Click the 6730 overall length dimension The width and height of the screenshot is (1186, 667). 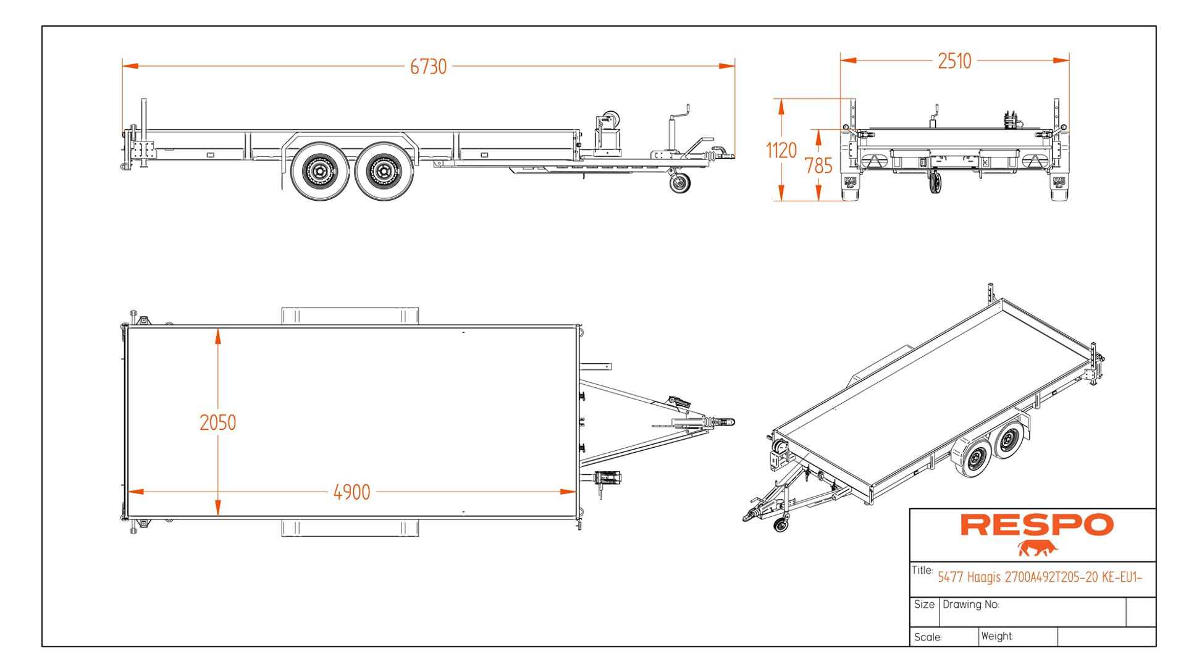point(428,66)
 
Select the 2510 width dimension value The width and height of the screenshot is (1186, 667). point(954,61)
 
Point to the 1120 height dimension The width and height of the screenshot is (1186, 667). point(781,150)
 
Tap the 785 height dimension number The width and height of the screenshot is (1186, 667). point(818,166)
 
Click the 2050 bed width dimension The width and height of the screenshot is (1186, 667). point(217,422)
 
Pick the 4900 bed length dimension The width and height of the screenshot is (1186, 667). point(351,492)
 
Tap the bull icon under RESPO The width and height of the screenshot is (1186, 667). point(1038,548)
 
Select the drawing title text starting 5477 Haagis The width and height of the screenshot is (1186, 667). point(1040,577)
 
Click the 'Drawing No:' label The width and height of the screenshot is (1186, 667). point(970,605)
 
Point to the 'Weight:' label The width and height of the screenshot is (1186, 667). point(997,636)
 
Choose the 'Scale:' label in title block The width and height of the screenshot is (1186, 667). point(928,637)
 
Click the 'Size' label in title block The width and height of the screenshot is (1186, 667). point(924,605)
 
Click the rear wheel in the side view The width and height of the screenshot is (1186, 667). point(319,171)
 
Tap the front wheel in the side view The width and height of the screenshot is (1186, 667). point(384,171)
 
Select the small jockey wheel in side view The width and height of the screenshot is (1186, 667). point(680,183)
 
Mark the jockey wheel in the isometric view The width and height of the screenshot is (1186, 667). point(781,525)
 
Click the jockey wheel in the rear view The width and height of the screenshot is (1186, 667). point(935,183)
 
